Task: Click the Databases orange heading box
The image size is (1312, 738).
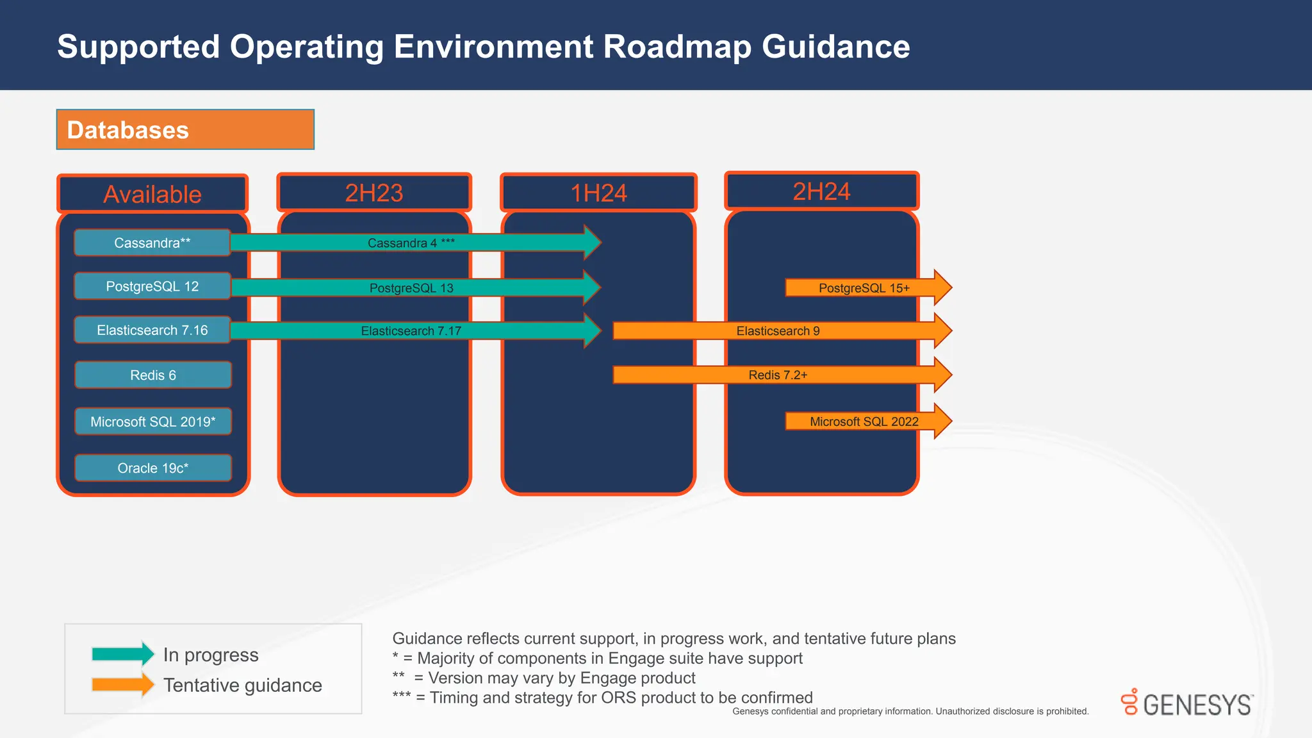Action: (185, 129)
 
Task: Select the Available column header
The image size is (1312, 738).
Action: (152, 194)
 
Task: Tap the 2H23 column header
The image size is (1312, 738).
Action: (374, 193)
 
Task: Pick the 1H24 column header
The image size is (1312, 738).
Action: (598, 193)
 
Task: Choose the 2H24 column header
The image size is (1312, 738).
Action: (821, 192)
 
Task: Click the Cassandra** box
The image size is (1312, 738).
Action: (152, 243)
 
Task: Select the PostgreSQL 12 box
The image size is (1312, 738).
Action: (152, 286)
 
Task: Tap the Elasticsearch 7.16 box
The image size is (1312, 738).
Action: (152, 330)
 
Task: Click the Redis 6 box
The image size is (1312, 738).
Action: (152, 375)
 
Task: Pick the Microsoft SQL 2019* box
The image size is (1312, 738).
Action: (152, 422)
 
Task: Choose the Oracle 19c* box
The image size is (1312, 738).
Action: (152, 468)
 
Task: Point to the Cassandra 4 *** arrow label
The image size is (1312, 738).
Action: (411, 243)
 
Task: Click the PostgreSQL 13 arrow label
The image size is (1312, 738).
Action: (411, 288)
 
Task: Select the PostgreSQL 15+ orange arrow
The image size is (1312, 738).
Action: (864, 288)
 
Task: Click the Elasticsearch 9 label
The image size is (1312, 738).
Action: (778, 331)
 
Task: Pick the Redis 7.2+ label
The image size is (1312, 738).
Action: (778, 375)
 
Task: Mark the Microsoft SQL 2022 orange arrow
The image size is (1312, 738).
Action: (864, 422)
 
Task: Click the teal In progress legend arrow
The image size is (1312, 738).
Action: (122, 654)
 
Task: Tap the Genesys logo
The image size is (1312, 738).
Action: (1186, 703)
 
